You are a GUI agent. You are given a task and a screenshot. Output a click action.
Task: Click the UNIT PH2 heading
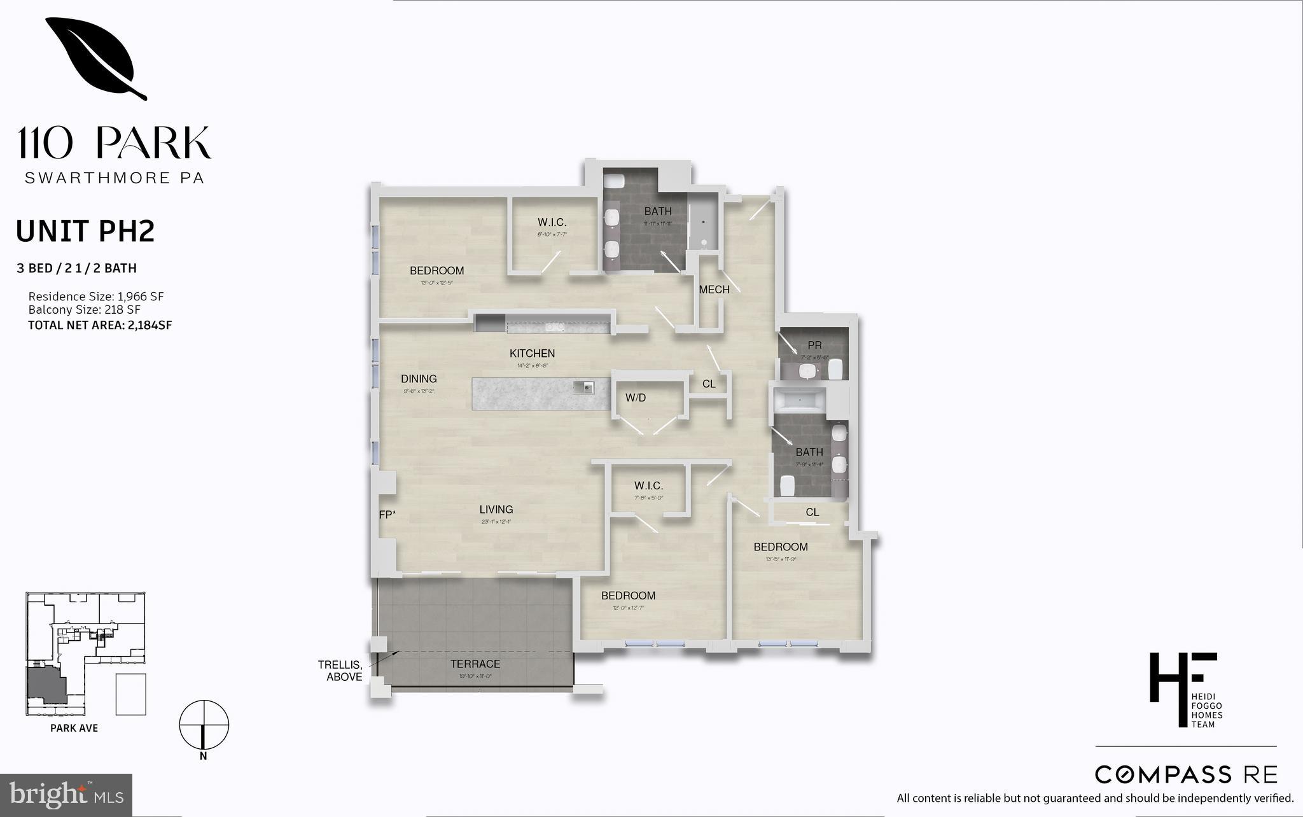click(x=85, y=232)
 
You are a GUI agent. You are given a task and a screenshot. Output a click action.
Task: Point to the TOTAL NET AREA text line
click(x=100, y=325)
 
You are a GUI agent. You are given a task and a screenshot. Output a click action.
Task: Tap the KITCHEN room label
click(x=532, y=354)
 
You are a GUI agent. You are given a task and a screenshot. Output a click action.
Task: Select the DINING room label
click(x=419, y=379)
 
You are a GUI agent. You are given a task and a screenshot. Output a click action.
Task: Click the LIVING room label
click(x=496, y=510)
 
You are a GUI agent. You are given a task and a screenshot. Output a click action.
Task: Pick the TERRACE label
click(x=475, y=664)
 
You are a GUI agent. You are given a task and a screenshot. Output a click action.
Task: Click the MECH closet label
click(x=714, y=290)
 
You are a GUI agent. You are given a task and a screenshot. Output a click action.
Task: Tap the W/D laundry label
click(x=636, y=398)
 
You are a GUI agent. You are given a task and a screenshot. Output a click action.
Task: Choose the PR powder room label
click(x=814, y=346)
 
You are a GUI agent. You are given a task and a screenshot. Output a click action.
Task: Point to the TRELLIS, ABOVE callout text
click(x=340, y=671)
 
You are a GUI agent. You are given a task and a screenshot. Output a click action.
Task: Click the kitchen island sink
click(x=584, y=388)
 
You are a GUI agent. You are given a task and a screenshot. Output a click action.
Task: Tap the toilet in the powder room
click(x=835, y=368)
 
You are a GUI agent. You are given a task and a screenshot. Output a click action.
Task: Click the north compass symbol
click(x=204, y=725)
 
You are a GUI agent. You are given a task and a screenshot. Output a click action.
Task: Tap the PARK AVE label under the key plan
click(x=74, y=729)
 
